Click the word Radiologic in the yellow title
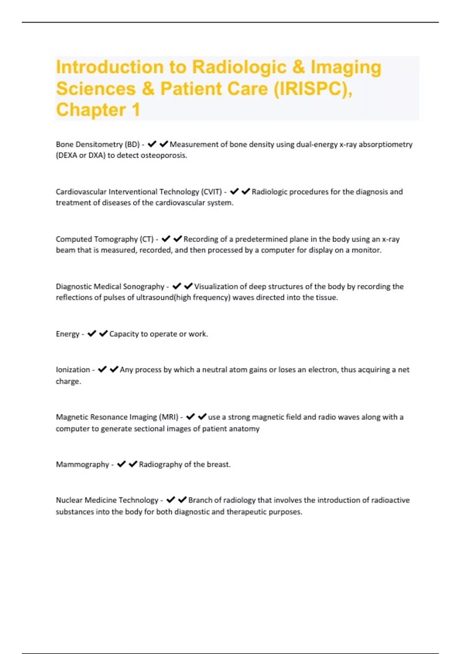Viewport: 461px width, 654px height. coord(239,67)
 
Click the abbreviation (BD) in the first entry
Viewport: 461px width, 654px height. coord(132,144)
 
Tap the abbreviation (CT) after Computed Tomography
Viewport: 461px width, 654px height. coord(146,239)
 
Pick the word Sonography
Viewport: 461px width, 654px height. coord(143,286)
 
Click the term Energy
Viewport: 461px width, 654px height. coord(68,334)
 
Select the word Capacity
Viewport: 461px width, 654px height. coord(124,334)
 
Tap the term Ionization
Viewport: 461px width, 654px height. coord(73,370)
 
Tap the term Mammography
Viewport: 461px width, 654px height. coord(83,464)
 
